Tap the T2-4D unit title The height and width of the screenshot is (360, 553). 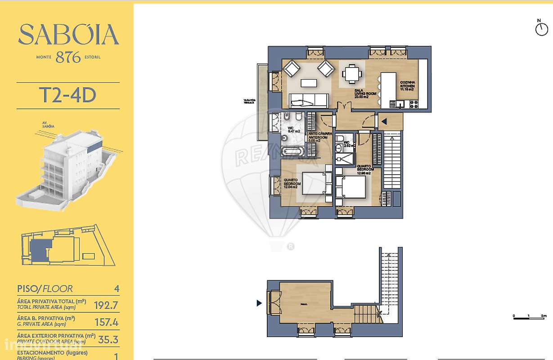point(68,95)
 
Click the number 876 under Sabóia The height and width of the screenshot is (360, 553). point(68,57)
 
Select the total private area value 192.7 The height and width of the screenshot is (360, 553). point(106,306)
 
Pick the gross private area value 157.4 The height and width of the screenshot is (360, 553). point(106,322)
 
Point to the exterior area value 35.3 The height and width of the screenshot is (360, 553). point(108,339)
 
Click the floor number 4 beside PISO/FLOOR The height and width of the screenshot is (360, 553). point(117,288)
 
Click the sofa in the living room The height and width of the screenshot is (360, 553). point(309,100)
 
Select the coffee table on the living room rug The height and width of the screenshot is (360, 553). point(309,83)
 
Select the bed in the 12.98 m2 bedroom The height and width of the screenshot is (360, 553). point(351,187)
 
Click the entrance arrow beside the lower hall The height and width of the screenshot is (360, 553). point(259,303)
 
